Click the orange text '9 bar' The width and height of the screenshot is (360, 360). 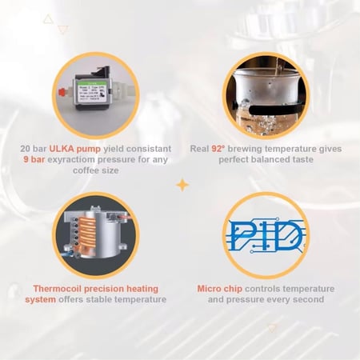(x=35, y=160)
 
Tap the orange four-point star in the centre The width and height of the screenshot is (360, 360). (x=182, y=186)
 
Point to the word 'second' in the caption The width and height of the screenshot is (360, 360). (x=308, y=300)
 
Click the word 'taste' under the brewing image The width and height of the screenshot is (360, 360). (x=293, y=160)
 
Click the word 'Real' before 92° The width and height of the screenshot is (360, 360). (x=222, y=148)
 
